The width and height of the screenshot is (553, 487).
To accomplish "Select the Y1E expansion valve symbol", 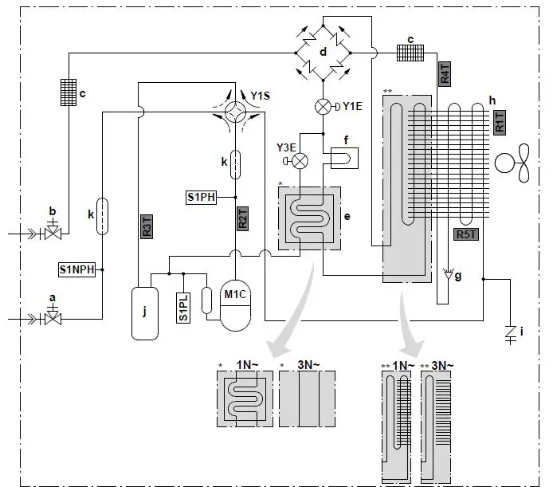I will [x=323, y=106].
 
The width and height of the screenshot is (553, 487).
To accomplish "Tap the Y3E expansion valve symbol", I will [x=300, y=160].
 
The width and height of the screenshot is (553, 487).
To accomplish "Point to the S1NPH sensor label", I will [x=77, y=269].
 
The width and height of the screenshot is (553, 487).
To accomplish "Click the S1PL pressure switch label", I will [x=184, y=308].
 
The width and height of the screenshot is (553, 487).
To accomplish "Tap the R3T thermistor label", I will [x=147, y=227].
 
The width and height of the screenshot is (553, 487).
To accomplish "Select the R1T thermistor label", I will [x=500, y=123].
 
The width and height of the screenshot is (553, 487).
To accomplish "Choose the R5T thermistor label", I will [x=466, y=234].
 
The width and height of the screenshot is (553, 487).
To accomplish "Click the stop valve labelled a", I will [x=54, y=319].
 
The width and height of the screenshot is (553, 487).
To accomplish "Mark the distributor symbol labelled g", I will [x=453, y=277].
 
